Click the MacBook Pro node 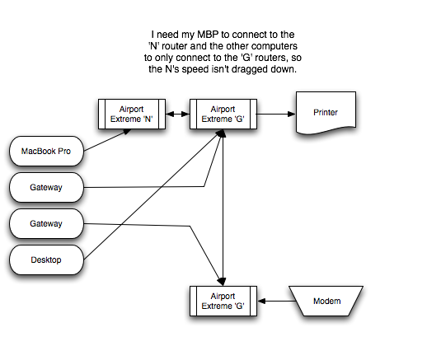(x=46, y=151)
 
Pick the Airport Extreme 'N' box (x=130, y=113)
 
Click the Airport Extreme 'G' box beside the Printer (x=222, y=113)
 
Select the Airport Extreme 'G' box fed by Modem (x=222, y=301)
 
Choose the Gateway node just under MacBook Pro (x=46, y=188)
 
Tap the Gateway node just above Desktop (x=46, y=224)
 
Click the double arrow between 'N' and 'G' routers (x=176, y=114)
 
